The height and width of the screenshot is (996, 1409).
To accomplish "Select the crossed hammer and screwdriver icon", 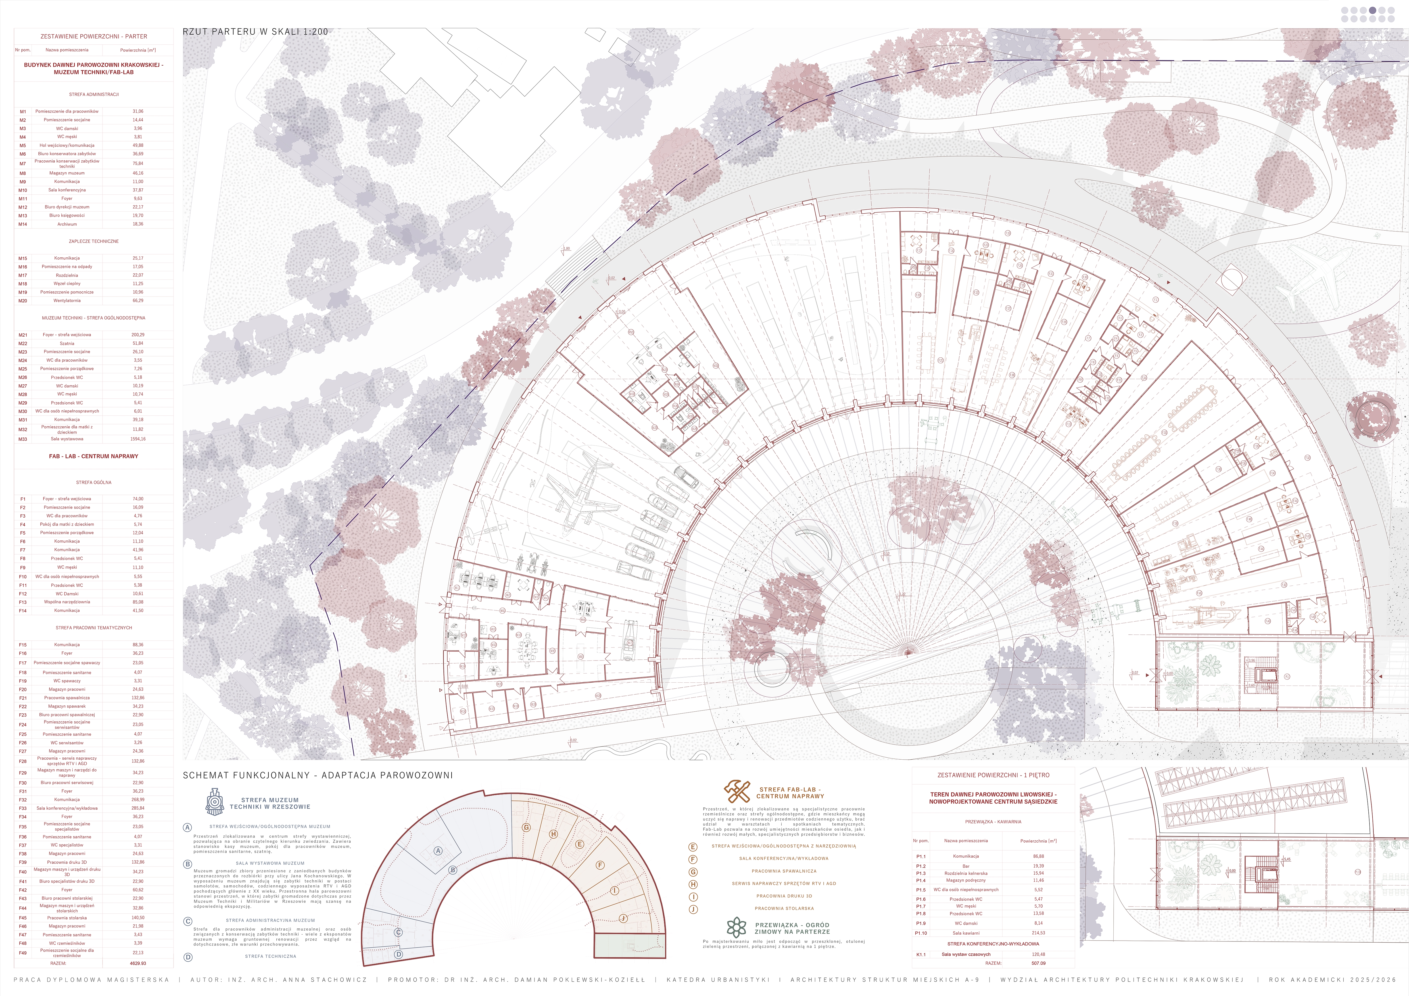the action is (737, 792).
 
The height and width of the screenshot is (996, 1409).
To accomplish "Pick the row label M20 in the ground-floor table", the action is (23, 301).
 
